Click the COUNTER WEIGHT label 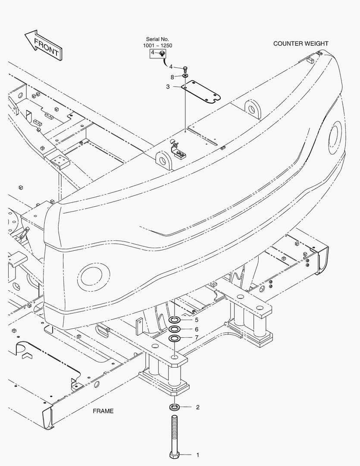[301, 44]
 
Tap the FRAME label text [103, 411]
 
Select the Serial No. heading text [157, 39]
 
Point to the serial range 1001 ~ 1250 [157, 45]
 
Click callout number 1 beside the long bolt [197, 455]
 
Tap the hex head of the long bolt [174, 455]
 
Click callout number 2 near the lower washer [197, 407]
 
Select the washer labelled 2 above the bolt [174, 407]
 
